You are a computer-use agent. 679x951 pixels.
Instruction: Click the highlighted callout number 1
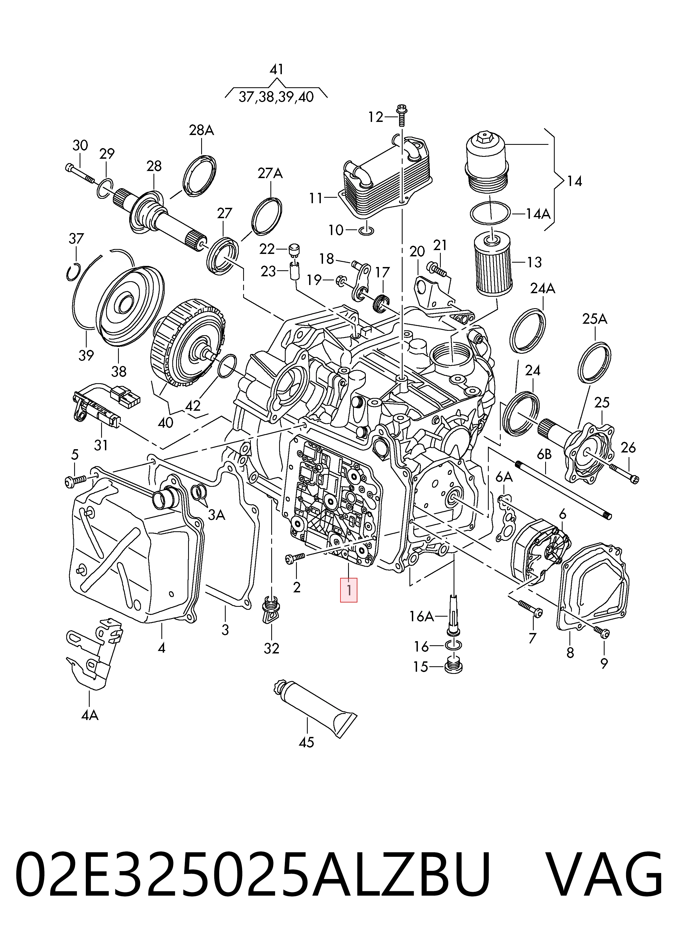click(x=349, y=590)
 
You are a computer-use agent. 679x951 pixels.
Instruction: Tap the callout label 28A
click(x=201, y=130)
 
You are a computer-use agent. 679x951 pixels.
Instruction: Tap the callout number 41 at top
click(x=276, y=70)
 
